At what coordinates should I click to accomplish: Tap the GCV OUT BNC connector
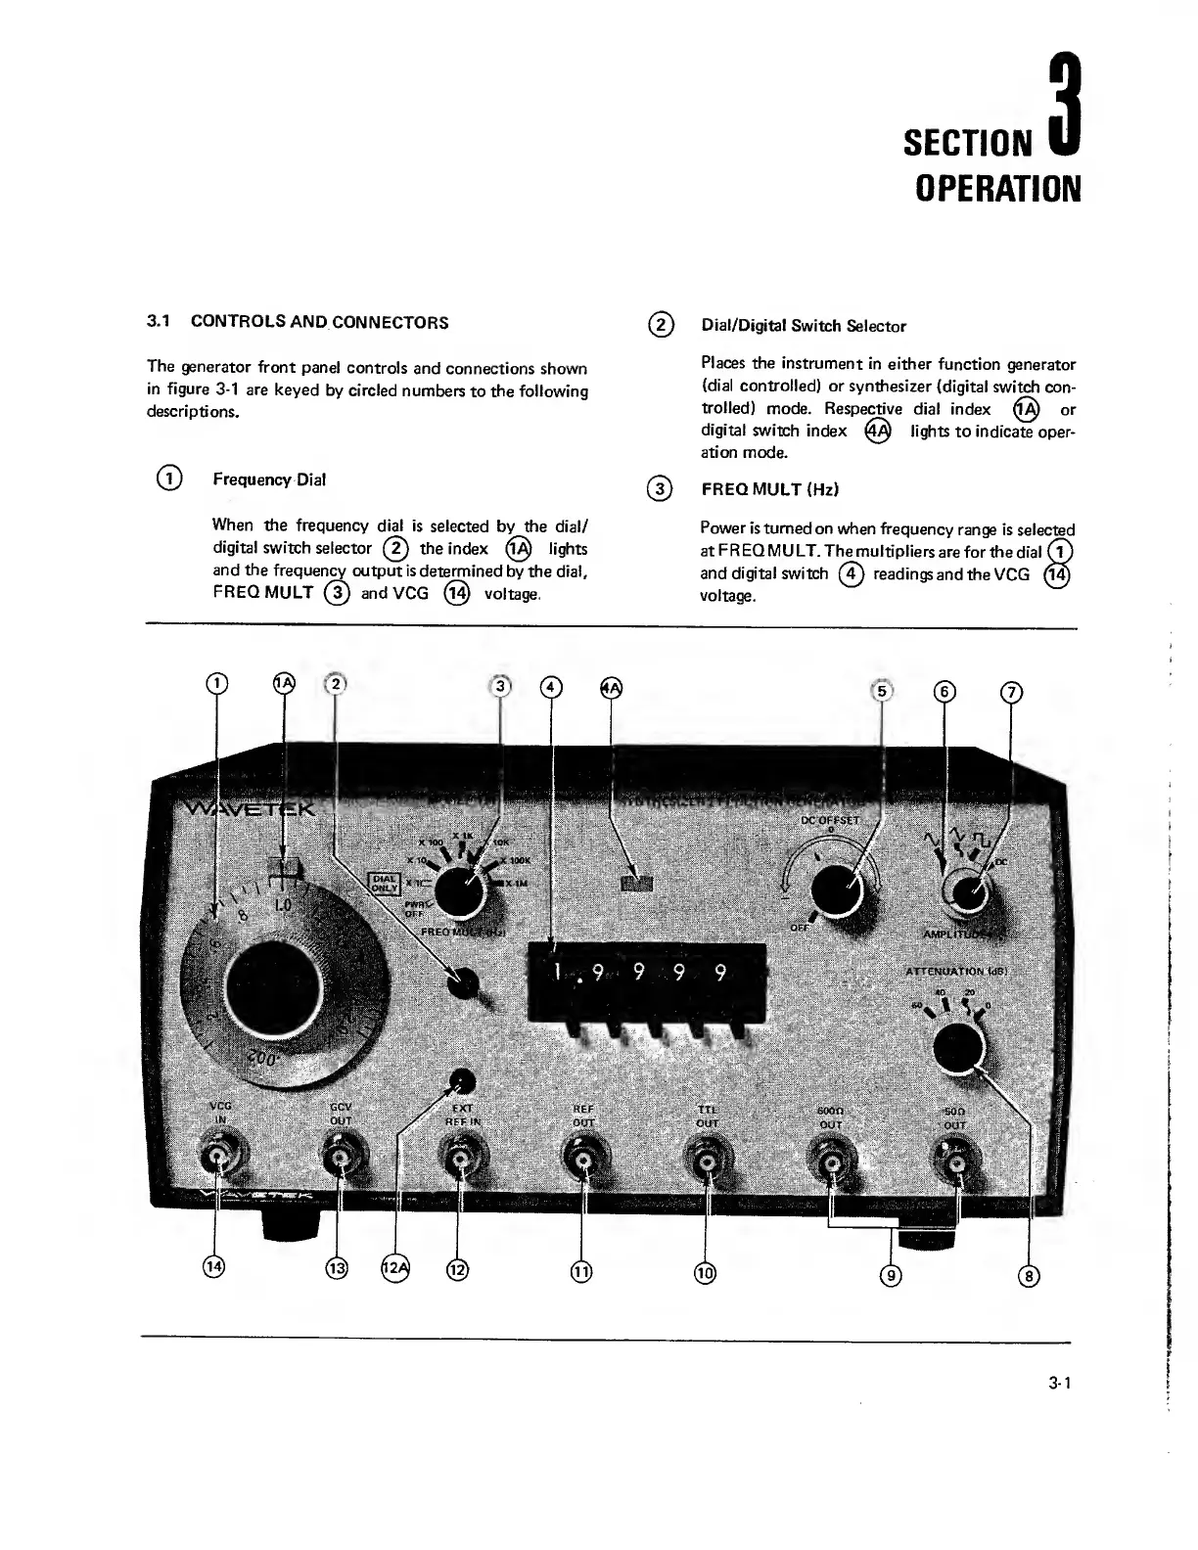coord(339,1161)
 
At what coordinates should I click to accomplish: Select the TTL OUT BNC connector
coord(707,1162)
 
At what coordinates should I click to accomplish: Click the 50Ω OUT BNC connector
coord(955,1162)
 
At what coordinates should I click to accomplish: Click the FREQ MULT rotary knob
coord(460,891)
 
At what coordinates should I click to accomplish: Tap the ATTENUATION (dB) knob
coord(958,1050)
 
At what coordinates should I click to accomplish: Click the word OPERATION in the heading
coord(997,188)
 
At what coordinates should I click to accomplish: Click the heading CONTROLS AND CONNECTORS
coord(319,321)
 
